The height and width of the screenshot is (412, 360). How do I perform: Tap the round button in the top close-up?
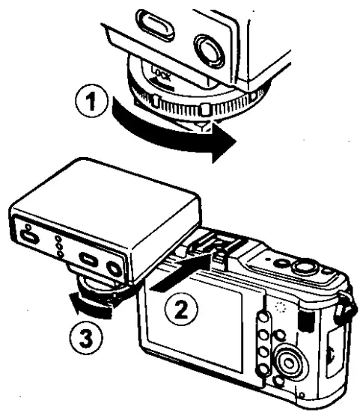[210, 49]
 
